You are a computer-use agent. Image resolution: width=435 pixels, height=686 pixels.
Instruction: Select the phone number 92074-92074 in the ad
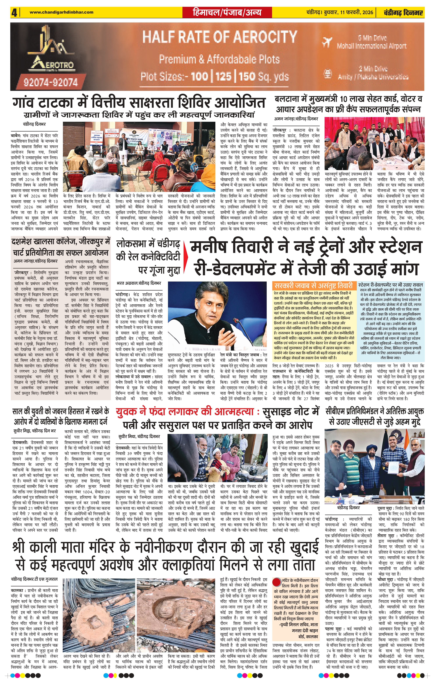51,83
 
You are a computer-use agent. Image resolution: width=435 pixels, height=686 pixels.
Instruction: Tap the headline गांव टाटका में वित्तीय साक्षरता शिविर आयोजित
139,103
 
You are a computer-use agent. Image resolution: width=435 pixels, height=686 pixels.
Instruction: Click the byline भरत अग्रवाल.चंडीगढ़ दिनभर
139,283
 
